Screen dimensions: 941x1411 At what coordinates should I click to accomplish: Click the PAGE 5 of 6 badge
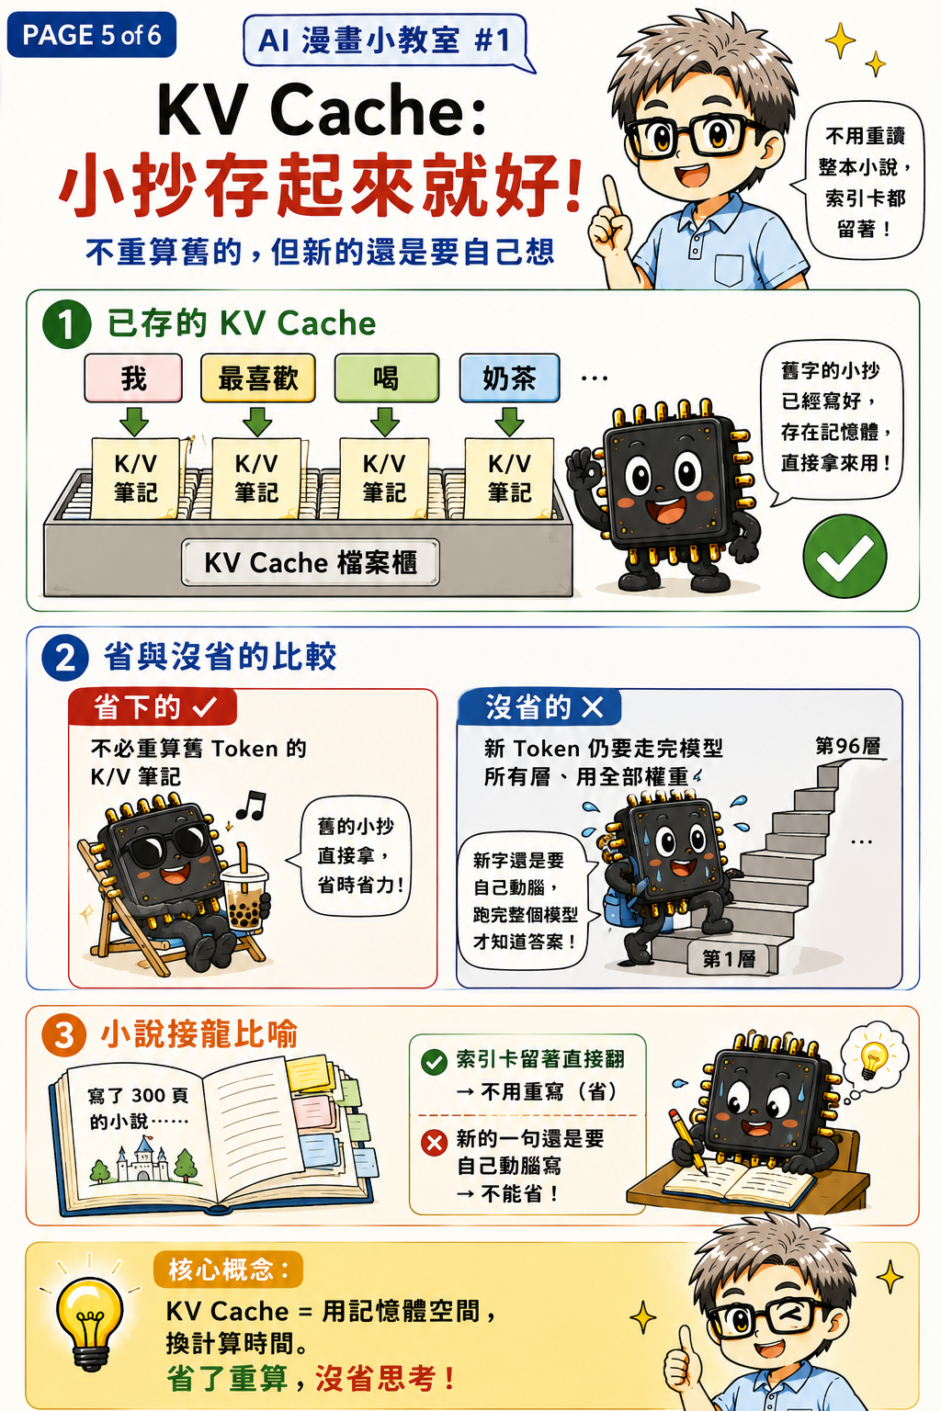(91, 35)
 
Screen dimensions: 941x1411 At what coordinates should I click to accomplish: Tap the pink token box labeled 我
(133, 378)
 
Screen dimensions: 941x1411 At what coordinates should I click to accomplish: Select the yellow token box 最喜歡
(258, 378)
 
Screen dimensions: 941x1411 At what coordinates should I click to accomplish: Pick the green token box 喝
(386, 378)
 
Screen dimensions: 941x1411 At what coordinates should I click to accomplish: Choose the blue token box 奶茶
(509, 378)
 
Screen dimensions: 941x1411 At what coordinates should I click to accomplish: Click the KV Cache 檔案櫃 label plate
(310, 562)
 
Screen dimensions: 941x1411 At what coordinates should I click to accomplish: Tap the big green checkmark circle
(845, 556)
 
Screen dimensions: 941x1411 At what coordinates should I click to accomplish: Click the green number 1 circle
(66, 324)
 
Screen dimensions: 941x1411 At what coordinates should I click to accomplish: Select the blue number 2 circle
(65, 659)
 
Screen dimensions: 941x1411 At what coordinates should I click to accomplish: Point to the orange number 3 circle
(64, 1035)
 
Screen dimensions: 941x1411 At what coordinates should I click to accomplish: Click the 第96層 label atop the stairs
(847, 747)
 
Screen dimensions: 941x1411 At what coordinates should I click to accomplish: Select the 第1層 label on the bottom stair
(730, 959)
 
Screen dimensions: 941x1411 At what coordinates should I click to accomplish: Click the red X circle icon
(435, 1142)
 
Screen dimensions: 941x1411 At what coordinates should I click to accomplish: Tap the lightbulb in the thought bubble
(874, 1058)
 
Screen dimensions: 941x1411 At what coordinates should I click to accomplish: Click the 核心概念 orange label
(228, 1270)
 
